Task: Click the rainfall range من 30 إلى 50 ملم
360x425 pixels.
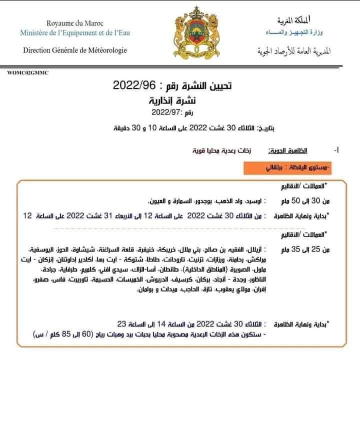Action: point(300,201)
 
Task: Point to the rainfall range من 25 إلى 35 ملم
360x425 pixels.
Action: point(300,248)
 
